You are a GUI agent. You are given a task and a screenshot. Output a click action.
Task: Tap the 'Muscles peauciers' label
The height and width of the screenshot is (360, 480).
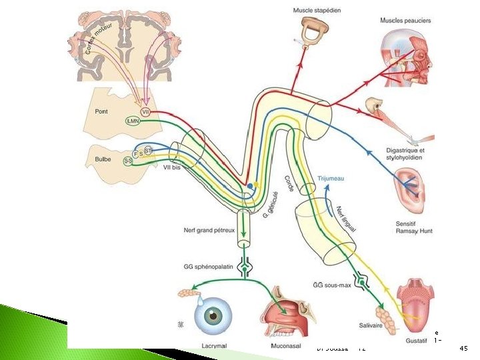pyautogui.click(x=403, y=21)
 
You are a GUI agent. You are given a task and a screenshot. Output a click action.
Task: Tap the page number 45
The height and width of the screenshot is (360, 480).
pyautogui.click(x=465, y=348)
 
